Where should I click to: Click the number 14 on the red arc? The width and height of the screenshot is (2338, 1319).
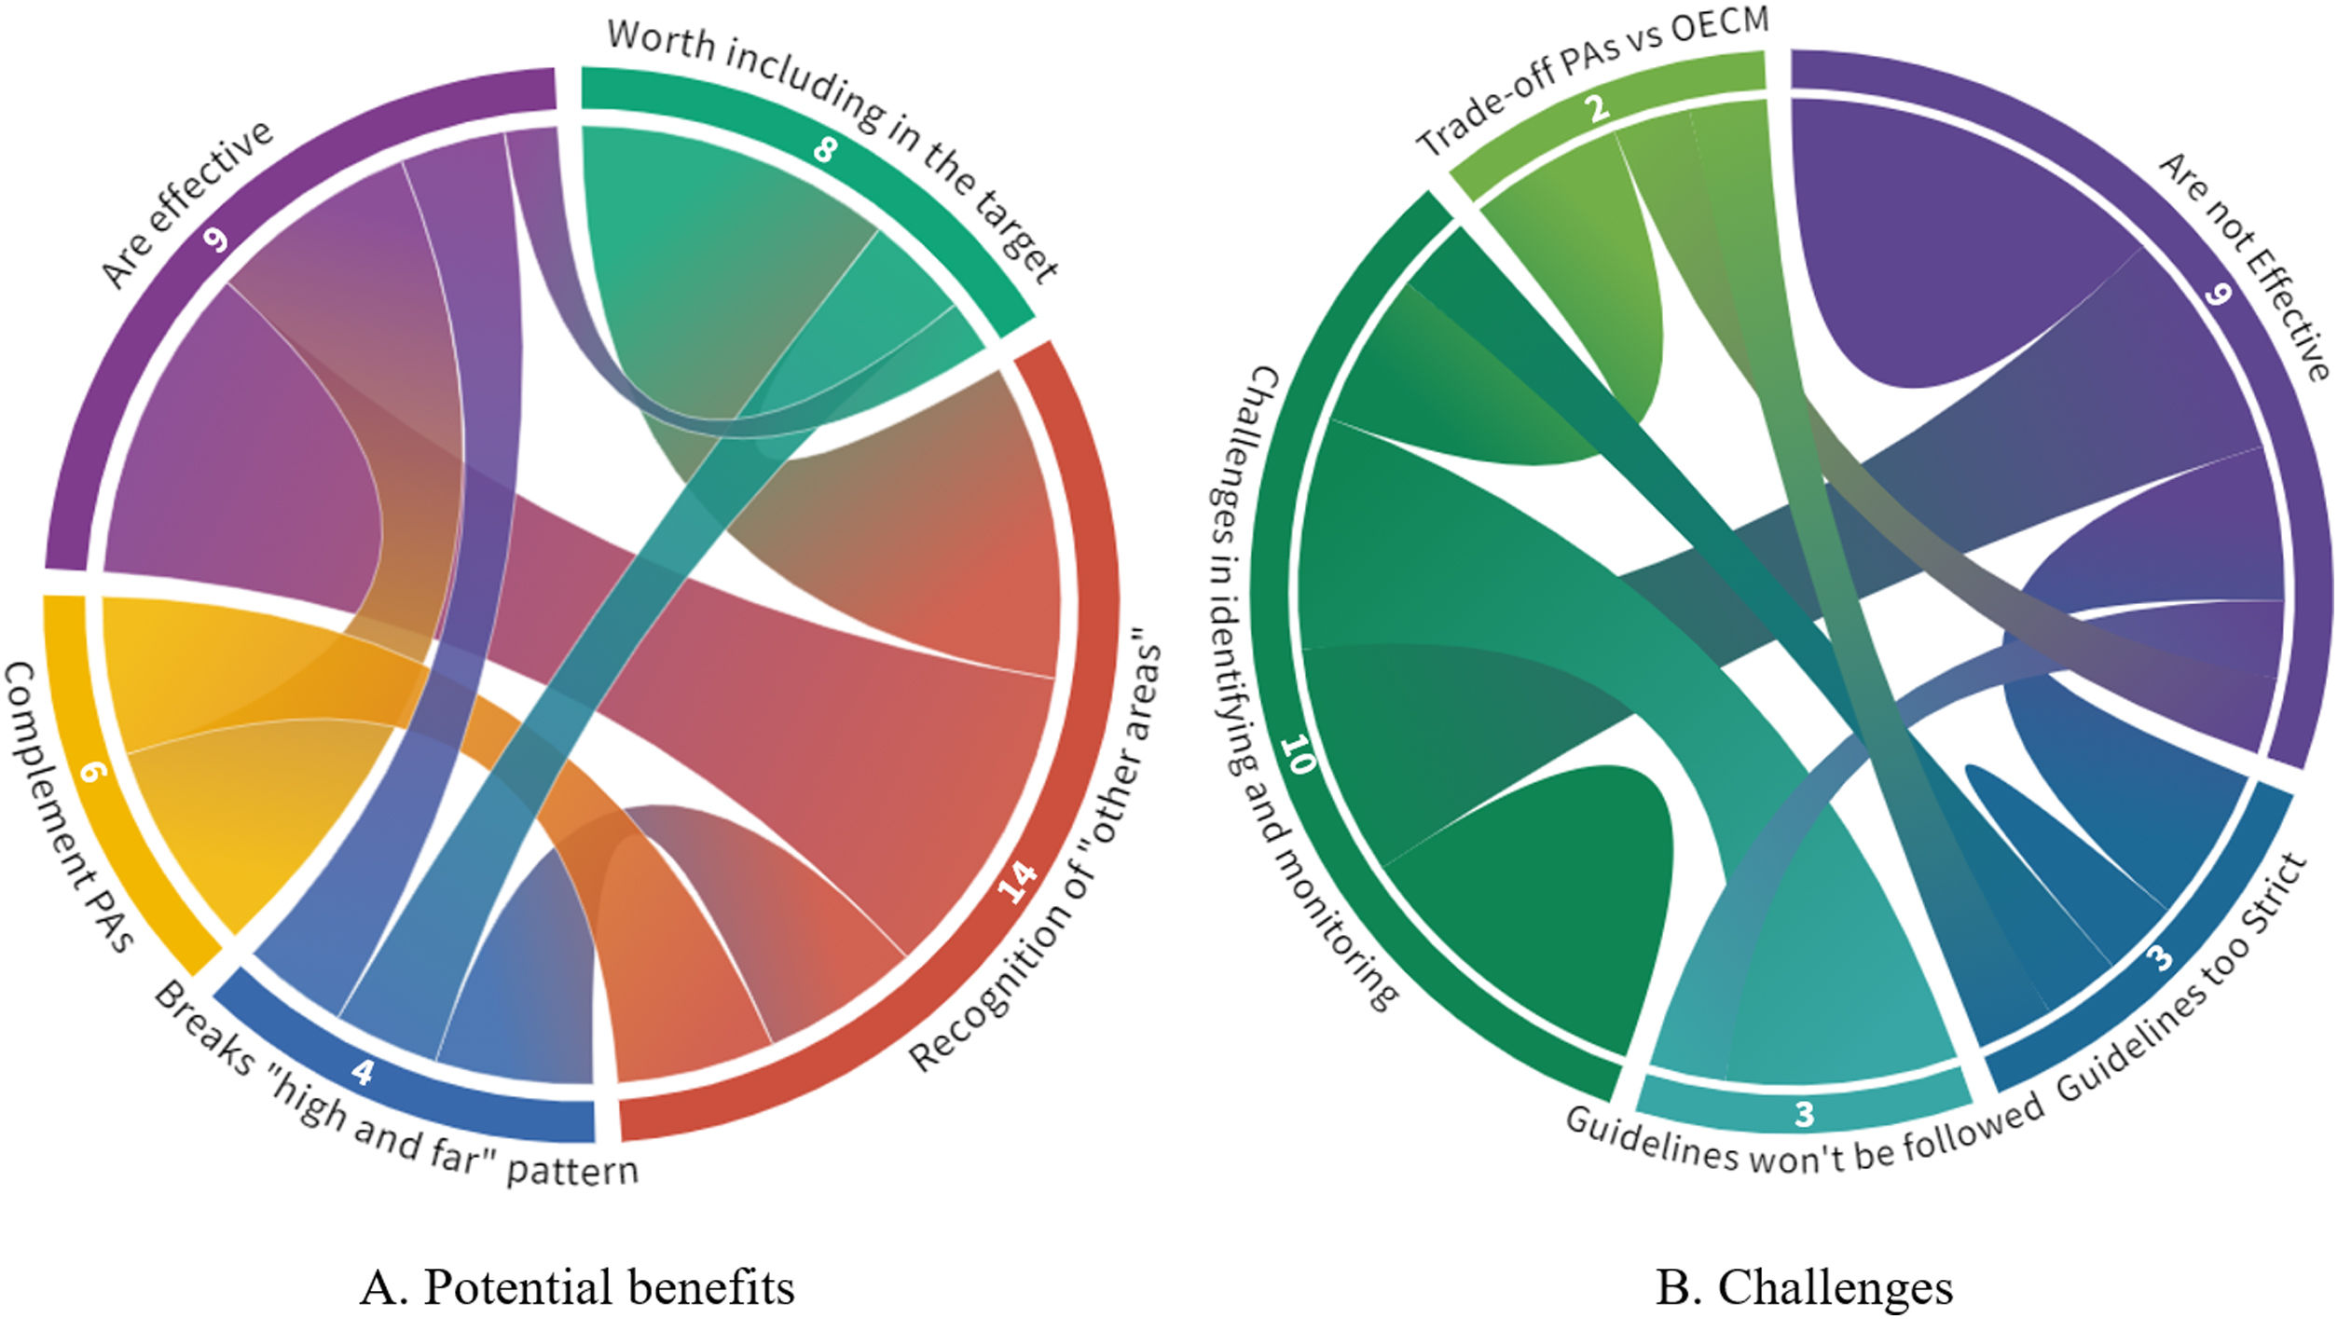[x=1017, y=881]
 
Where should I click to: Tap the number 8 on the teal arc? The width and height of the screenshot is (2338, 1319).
[x=824, y=149]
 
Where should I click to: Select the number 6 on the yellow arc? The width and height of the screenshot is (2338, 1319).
[x=91, y=771]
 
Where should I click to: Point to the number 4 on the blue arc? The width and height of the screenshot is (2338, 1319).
[x=363, y=1072]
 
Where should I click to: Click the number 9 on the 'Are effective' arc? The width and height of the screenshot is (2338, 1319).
[x=215, y=240]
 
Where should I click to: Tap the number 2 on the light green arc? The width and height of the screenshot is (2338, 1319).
[x=1598, y=109]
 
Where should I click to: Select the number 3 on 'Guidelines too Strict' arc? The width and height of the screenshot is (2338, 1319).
[x=2159, y=958]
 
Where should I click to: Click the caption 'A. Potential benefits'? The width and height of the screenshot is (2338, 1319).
[x=577, y=1287]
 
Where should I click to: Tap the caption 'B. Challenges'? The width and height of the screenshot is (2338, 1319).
[x=1804, y=1287]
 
